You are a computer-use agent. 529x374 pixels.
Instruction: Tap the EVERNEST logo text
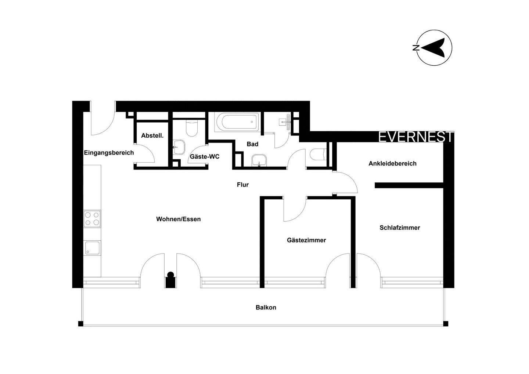[416, 137]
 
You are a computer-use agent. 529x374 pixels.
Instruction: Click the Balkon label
[266, 308]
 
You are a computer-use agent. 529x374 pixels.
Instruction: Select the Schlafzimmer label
[400, 228]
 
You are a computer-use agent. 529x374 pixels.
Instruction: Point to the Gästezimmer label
[306, 240]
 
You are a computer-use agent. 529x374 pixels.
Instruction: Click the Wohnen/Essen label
[179, 219]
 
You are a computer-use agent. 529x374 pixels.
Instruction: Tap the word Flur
[242, 185]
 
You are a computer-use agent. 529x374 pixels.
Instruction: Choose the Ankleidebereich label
[392, 163]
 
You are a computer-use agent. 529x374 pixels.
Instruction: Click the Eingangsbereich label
[109, 153]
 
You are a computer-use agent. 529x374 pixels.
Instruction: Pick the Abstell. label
[152, 135]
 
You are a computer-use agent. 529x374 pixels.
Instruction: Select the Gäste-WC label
[205, 157]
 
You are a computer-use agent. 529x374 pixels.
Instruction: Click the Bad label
[252, 144]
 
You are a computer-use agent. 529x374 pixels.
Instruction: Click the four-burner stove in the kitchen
[92, 219]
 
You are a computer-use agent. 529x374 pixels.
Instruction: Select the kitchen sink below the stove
[92, 247]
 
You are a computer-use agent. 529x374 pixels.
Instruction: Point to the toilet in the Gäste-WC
[192, 128]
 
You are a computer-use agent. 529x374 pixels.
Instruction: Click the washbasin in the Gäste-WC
[180, 147]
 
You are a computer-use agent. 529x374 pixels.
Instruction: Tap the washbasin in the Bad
[260, 160]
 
